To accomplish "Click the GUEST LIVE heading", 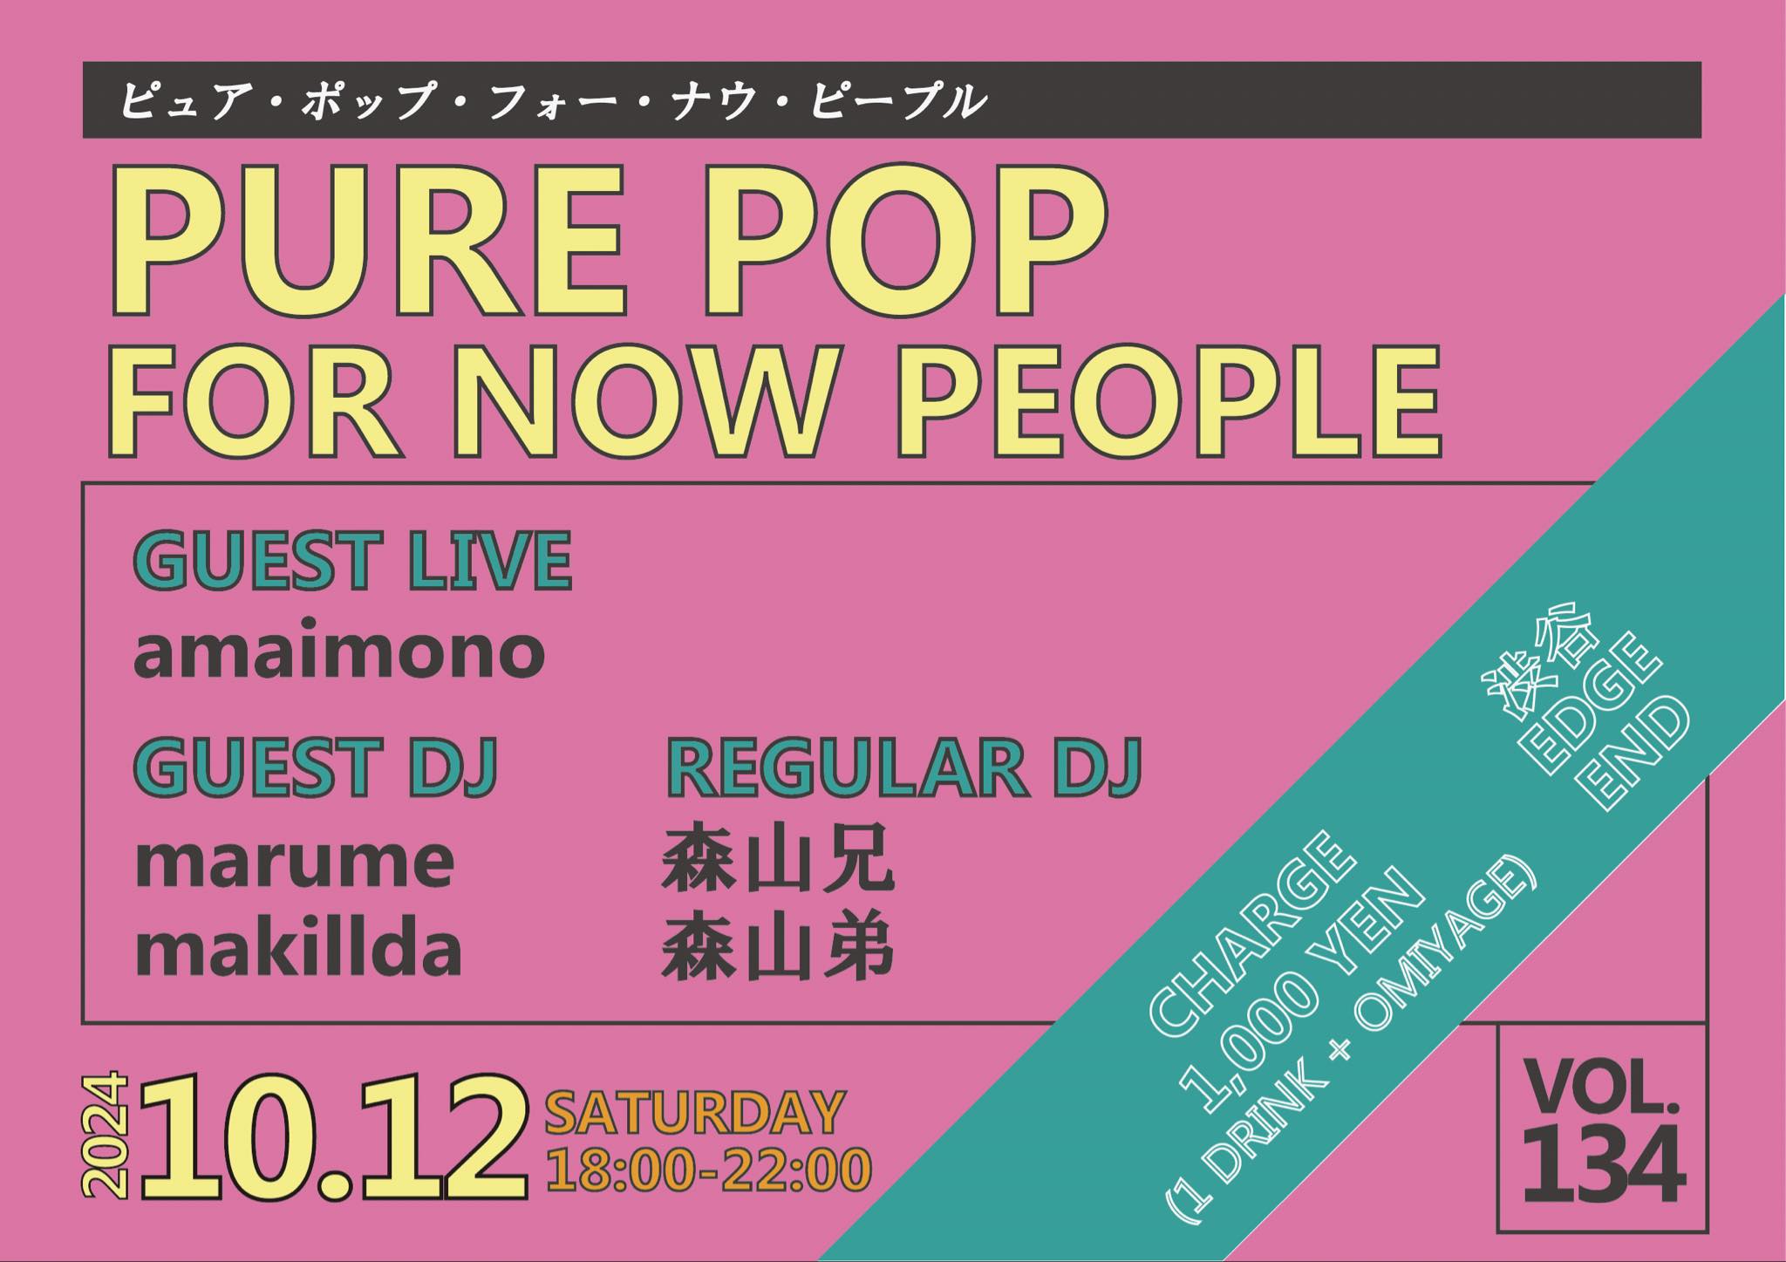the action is pyautogui.click(x=352, y=560).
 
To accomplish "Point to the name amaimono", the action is pyautogui.click(x=339, y=651).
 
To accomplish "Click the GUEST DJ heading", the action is pyautogui.click(x=315, y=767).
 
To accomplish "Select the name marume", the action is pyautogui.click(x=294, y=862).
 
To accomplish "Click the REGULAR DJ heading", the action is pyautogui.click(x=903, y=767).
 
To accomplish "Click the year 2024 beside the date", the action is pyautogui.click(x=105, y=1136).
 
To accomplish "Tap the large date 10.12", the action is pyautogui.click(x=334, y=1136).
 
